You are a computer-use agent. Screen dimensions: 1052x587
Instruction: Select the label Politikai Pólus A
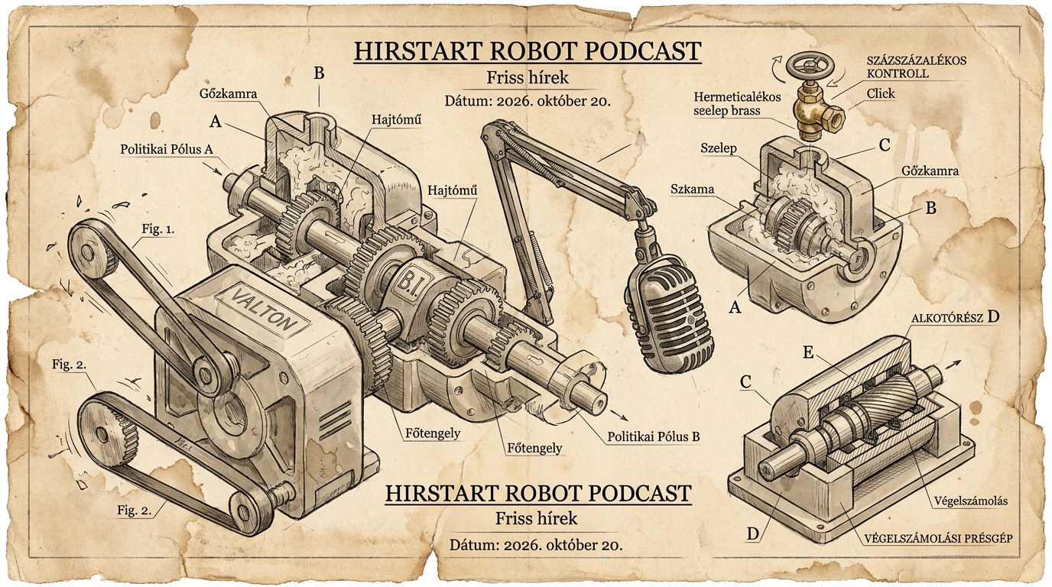pyautogui.click(x=167, y=149)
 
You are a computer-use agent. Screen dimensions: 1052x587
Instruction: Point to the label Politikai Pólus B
pyautogui.click(x=653, y=436)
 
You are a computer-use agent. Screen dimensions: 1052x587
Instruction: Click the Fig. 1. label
pyautogui.click(x=157, y=229)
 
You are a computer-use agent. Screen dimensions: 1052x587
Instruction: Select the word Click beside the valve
pyautogui.click(x=881, y=93)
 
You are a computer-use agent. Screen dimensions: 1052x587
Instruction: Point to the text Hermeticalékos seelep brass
pyautogui.click(x=737, y=104)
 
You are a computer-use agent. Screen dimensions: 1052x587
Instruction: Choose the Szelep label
pyautogui.click(x=719, y=148)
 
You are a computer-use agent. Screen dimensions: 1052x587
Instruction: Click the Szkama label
pyautogui.click(x=692, y=190)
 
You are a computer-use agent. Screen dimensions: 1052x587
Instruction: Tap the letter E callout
pyautogui.click(x=808, y=352)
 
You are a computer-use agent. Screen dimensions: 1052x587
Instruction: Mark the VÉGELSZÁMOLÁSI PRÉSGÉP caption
pyautogui.click(x=938, y=538)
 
